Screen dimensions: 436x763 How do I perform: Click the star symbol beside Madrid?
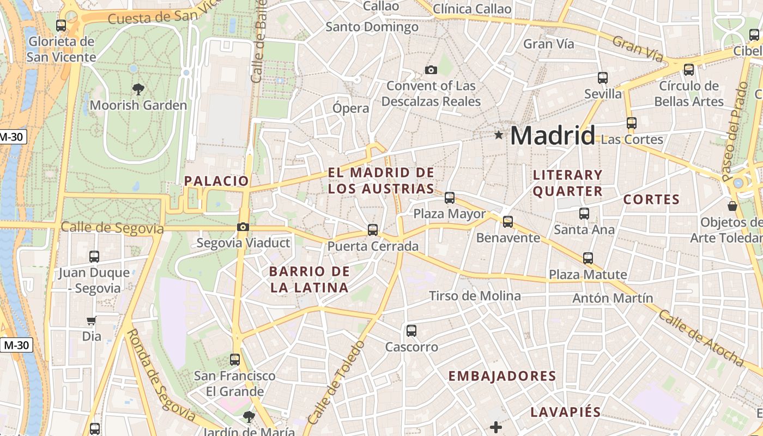[x=498, y=135]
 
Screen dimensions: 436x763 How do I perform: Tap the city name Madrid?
[x=552, y=135]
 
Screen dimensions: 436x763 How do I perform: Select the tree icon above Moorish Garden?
[x=138, y=89]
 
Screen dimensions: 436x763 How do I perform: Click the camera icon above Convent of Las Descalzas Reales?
[x=431, y=70]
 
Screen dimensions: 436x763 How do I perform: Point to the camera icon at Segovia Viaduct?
[x=243, y=227]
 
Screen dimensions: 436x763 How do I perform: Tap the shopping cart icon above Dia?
[x=92, y=321]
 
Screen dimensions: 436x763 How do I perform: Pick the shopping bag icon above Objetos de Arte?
[x=732, y=206]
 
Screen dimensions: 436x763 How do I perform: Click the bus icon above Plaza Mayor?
[x=450, y=197]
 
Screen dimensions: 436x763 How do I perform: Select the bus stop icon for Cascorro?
[x=411, y=330]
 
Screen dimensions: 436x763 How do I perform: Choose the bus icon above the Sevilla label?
[x=603, y=77]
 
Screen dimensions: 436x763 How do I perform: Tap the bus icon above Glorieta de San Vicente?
[x=61, y=25]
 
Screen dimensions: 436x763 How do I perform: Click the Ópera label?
[x=351, y=108]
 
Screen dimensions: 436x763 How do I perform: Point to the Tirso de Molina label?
[x=475, y=296]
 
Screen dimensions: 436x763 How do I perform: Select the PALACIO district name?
[x=216, y=181]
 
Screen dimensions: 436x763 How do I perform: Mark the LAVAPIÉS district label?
[x=566, y=412]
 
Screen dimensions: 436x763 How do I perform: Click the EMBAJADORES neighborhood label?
[x=502, y=376]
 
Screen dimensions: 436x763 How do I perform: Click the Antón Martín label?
[x=613, y=298]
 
